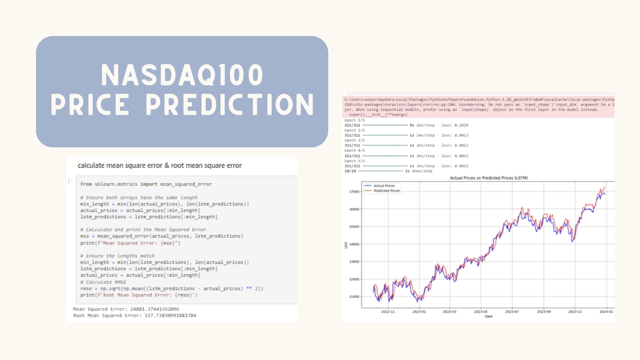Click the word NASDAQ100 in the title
pyautogui.click(x=181, y=75)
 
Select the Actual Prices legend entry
pyautogui.click(x=386, y=185)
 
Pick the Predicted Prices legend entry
pyautogui.click(x=388, y=191)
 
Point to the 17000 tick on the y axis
pyautogui.click(x=354, y=191)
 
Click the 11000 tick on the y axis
pyautogui.click(x=354, y=297)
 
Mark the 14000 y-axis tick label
pyautogui.click(x=354, y=244)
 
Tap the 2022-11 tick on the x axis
pyautogui.click(x=387, y=311)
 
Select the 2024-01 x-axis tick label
pyautogui.click(x=606, y=311)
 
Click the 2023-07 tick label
pyautogui.click(x=511, y=311)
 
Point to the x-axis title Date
pyautogui.click(x=489, y=317)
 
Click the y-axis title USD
pyautogui.click(x=346, y=244)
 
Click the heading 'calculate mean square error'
pyautogui.click(x=159, y=165)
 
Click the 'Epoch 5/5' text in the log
pyautogui.click(x=354, y=161)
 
